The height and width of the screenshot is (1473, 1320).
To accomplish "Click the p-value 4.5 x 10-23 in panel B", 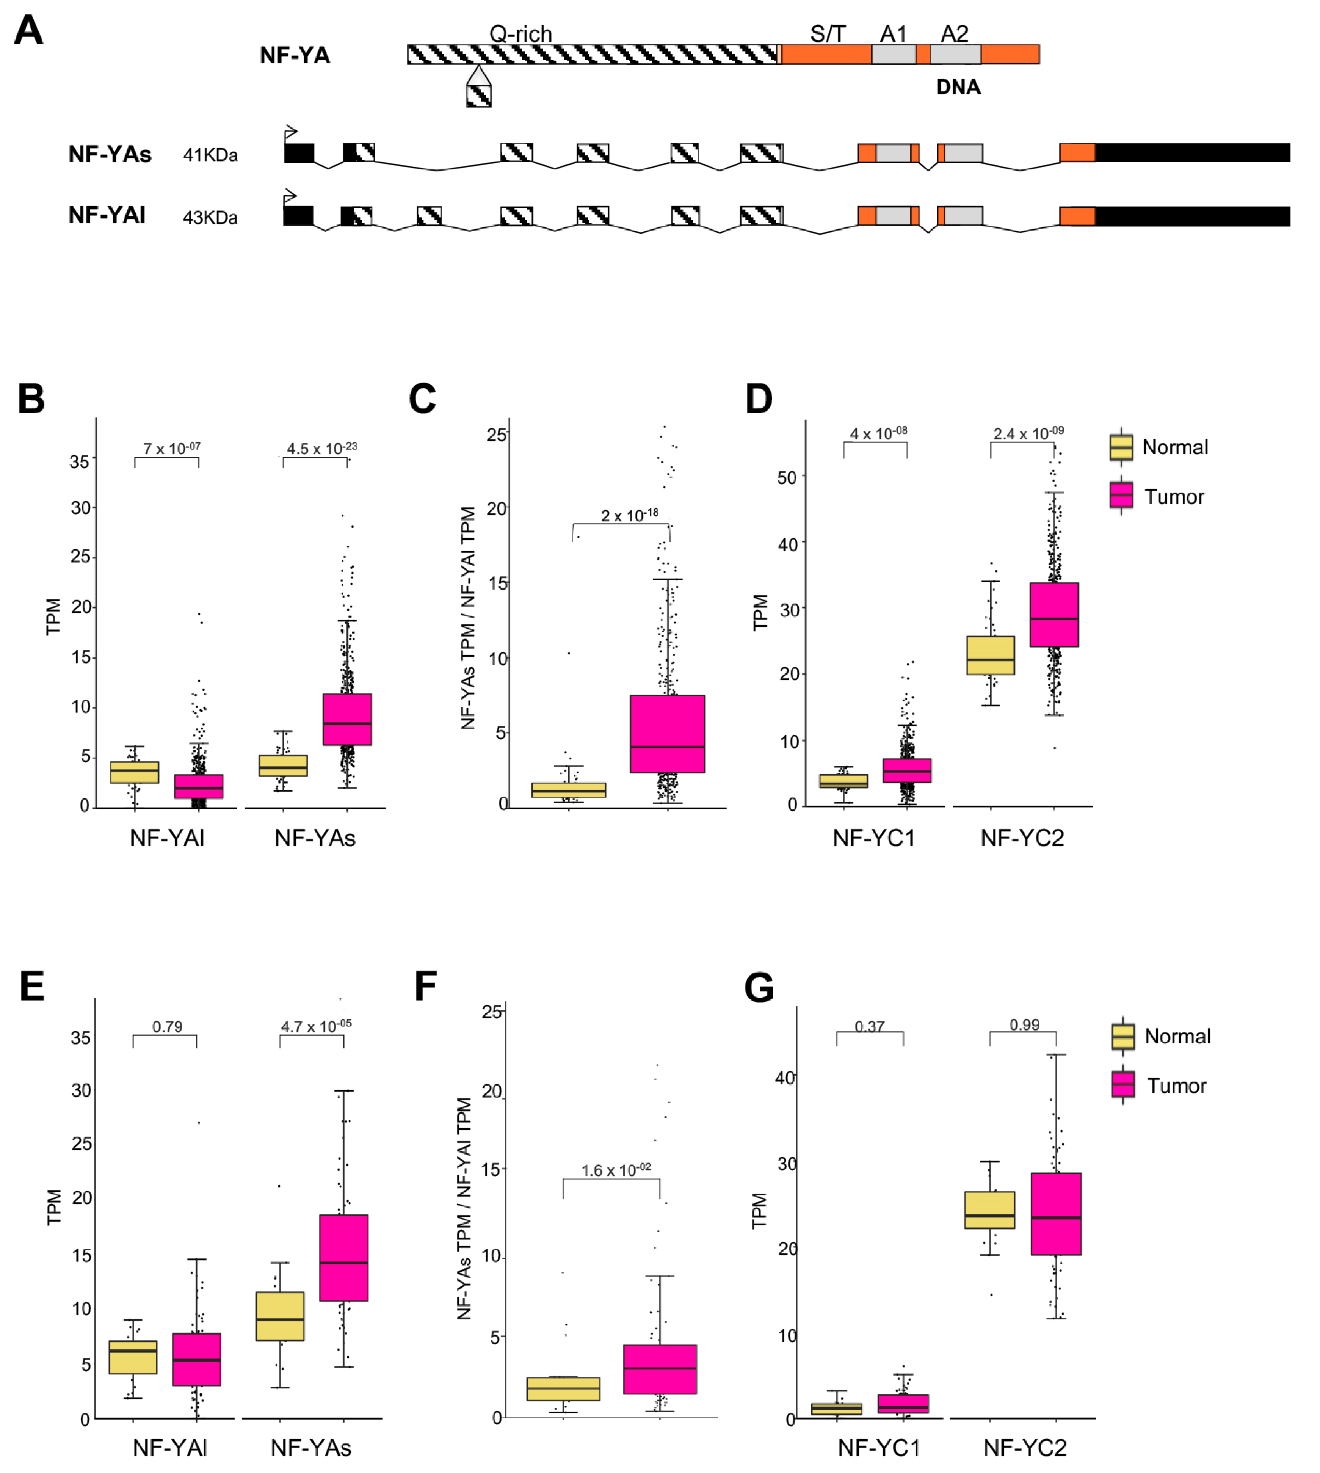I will click(x=321, y=448).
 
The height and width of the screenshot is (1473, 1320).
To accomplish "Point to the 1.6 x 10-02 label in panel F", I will click(x=616, y=1170).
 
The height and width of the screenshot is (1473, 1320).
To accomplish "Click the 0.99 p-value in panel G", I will click(x=1024, y=1025).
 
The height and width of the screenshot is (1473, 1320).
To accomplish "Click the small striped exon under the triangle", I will click(x=479, y=96).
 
